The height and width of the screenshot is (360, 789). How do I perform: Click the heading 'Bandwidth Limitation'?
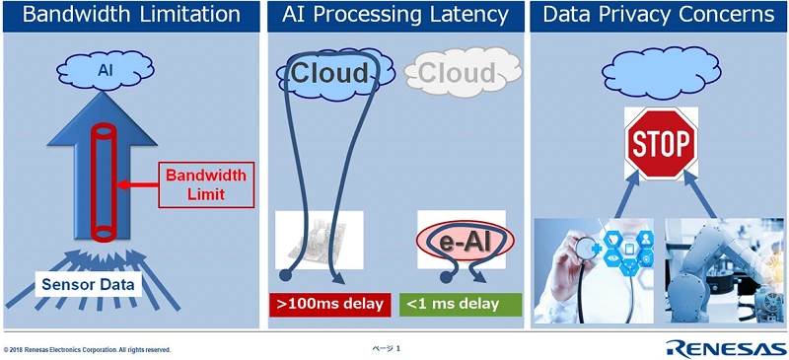(131, 15)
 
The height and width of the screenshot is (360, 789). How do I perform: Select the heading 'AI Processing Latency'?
(395, 15)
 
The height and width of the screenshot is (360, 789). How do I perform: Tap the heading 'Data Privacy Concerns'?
(658, 15)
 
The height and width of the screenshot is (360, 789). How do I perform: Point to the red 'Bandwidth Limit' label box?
(195, 183)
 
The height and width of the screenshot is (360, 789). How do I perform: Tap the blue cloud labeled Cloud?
(328, 73)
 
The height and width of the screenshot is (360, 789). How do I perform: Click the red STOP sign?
(659, 144)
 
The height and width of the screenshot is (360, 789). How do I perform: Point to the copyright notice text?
(88, 350)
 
